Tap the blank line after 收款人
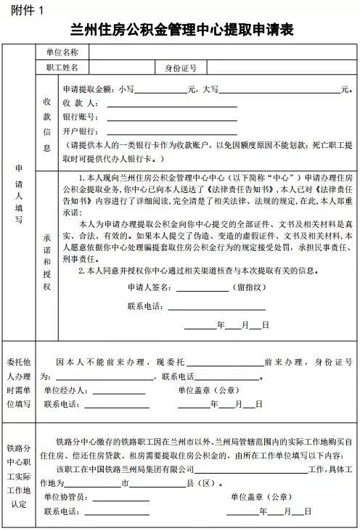tap(171, 104)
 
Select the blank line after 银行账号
tap(171, 118)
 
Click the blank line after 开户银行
tap(171, 132)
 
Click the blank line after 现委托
tap(225, 363)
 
